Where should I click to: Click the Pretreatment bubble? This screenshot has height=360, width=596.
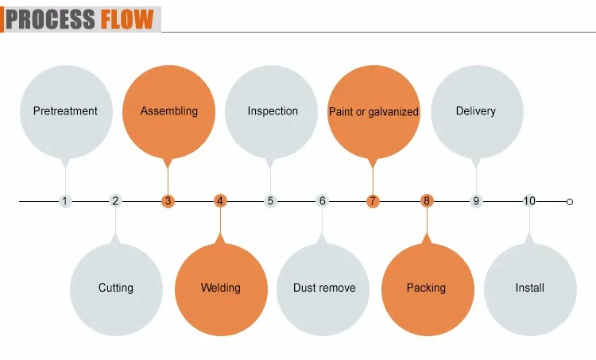(65, 111)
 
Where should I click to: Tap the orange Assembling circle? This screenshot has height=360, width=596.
(168, 111)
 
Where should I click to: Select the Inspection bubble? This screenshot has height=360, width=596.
(273, 111)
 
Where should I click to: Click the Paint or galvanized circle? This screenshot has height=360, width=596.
(373, 111)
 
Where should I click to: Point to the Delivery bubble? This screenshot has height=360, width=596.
(476, 111)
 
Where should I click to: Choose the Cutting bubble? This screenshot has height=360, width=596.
(116, 288)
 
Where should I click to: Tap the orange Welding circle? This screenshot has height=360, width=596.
(220, 288)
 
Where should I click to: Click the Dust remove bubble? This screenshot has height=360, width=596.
(323, 288)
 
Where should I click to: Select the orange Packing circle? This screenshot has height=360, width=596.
(426, 288)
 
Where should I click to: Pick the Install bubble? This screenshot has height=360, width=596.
(529, 288)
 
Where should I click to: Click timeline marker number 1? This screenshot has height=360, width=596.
(65, 201)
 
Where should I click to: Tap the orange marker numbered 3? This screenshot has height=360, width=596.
(168, 201)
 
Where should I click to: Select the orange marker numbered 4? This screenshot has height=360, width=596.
(220, 201)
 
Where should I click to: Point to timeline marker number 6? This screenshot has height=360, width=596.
(323, 201)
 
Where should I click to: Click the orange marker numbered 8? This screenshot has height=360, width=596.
(427, 201)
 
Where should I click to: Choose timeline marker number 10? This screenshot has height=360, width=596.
(529, 201)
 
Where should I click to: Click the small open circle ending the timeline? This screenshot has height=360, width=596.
(569, 202)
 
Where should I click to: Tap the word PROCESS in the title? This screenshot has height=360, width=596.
(52, 19)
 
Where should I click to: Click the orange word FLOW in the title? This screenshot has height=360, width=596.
(126, 19)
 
